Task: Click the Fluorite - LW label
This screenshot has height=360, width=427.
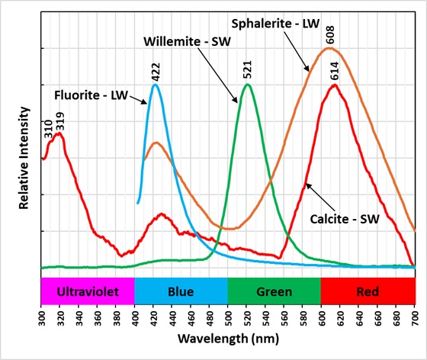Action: point(91,95)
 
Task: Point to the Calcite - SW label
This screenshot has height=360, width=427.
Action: point(344,219)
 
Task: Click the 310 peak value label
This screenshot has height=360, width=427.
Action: point(47,126)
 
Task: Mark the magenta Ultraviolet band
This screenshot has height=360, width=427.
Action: point(87,291)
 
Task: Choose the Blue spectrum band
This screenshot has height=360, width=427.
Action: point(181,291)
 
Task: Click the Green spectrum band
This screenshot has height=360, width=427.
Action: point(274,291)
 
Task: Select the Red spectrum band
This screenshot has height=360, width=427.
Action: point(368,291)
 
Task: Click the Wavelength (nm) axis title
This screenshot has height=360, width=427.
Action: point(227,336)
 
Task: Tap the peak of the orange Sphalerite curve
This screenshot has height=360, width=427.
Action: point(329,48)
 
